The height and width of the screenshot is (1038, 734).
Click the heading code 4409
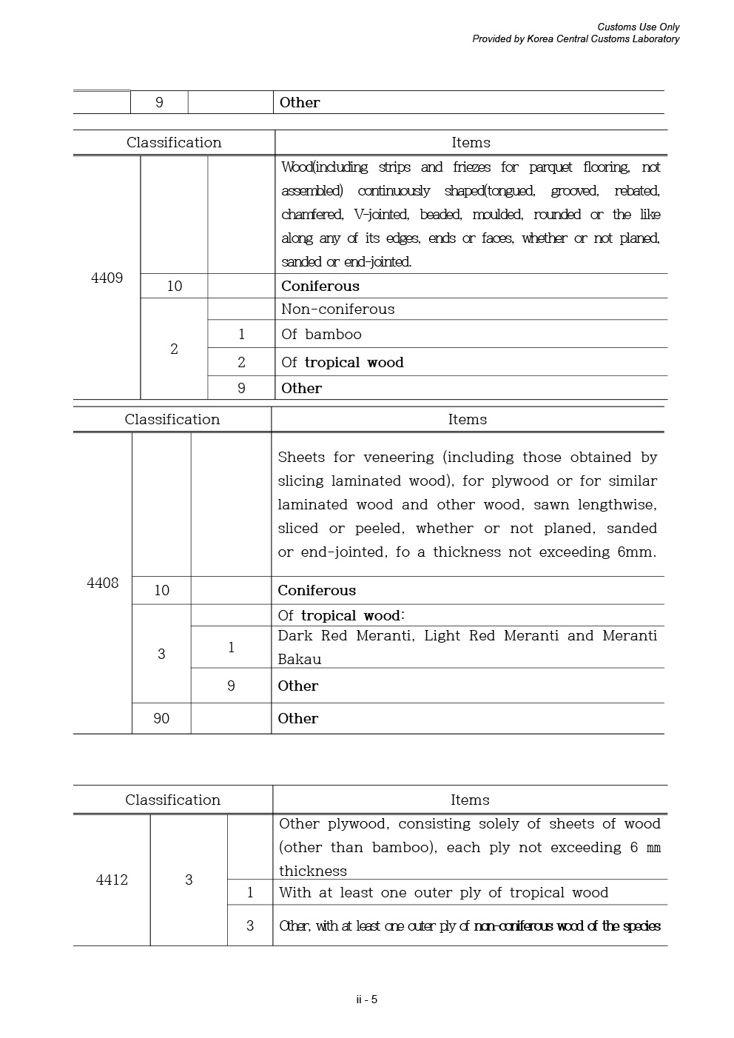[107, 278]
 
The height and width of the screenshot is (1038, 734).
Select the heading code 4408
[102, 583]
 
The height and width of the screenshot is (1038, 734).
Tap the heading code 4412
[112, 880]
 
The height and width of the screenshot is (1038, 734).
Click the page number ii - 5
[367, 1000]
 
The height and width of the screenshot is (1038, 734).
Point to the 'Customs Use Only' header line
[638, 27]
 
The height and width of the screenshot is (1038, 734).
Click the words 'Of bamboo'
[321, 335]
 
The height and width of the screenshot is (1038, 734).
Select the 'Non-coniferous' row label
[337, 309]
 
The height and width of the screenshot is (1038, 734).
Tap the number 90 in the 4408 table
[161, 719]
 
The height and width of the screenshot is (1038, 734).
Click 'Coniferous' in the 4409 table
[320, 287]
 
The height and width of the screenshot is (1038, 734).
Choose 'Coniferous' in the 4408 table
[317, 591]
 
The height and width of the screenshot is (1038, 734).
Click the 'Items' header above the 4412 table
[470, 800]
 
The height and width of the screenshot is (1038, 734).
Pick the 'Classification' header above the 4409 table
[174, 143]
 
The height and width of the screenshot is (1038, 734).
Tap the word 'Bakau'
[299, 660]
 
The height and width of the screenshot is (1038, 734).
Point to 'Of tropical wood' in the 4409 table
[342, 363]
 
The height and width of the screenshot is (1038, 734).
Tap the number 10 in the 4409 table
[174, 287]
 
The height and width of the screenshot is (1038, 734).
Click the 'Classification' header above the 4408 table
[172, 420]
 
